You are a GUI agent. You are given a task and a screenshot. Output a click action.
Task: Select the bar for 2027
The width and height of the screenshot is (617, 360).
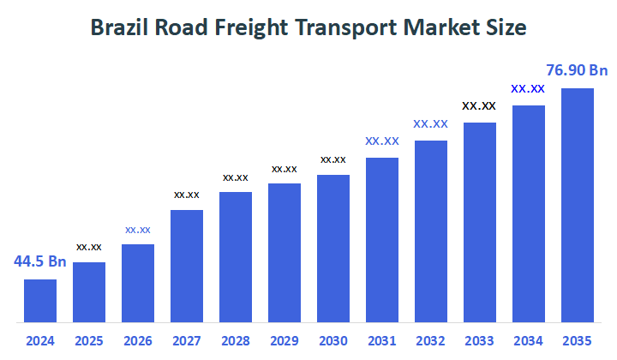tap(187, 266)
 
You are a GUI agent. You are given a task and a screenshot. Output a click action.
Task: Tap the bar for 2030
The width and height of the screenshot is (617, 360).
tap(333, 249)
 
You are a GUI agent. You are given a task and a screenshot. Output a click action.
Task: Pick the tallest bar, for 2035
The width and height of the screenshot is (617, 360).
tap(577, 205)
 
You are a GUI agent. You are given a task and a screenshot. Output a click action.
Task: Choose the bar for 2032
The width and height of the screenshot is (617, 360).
tap(431, 231)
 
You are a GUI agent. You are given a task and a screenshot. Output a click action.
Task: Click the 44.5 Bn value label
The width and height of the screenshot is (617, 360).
tap(39, 261)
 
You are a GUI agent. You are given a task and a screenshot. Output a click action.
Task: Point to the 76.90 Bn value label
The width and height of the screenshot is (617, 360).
tap(577, 70)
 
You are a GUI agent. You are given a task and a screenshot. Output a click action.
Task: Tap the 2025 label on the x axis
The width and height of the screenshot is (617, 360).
tap(89, 340)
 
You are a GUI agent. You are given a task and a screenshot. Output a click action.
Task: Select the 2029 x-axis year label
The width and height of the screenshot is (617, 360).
tap(285, 340)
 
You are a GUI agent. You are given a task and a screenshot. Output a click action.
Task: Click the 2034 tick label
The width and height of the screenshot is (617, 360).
tap(528, 340)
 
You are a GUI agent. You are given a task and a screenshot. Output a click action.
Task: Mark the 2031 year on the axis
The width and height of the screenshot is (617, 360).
tap(382, 340)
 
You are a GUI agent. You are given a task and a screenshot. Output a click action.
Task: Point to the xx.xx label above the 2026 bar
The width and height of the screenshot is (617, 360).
tap(138, 230)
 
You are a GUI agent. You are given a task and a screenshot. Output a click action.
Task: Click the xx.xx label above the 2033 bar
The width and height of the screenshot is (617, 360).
tap(479, 106)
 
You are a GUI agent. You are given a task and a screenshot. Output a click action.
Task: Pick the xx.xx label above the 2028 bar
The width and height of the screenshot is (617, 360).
tap(236, 177)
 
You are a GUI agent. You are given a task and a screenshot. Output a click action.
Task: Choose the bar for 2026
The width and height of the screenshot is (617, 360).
tap(138, 283)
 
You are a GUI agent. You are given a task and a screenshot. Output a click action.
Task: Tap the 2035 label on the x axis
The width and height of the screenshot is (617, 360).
tap(577, 340)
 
